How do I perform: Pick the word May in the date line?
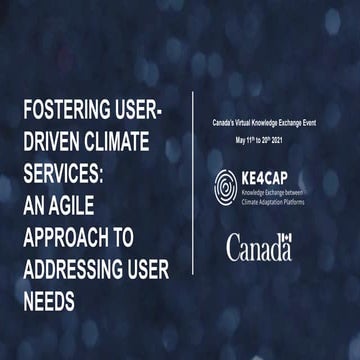[238, 142]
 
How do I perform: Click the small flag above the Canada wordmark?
[286, 237]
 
